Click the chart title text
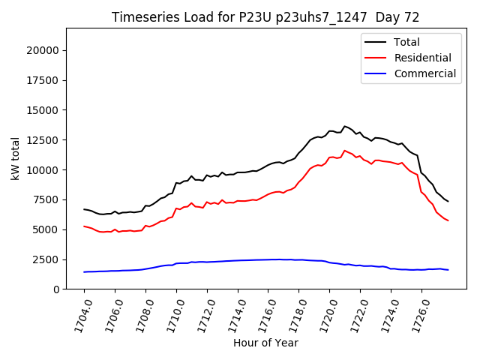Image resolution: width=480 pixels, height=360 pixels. coord(265,17)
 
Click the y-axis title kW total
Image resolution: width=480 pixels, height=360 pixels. coord(15,159)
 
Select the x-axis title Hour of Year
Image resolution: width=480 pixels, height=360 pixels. coord(265,343)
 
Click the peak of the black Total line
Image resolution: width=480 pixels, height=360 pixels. coord(345,126)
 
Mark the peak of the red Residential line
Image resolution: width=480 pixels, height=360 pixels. coord(345,151)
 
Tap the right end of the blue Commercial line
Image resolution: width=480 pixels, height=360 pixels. coord(448,270)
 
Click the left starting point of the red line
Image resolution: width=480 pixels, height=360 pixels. coord(84,226)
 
